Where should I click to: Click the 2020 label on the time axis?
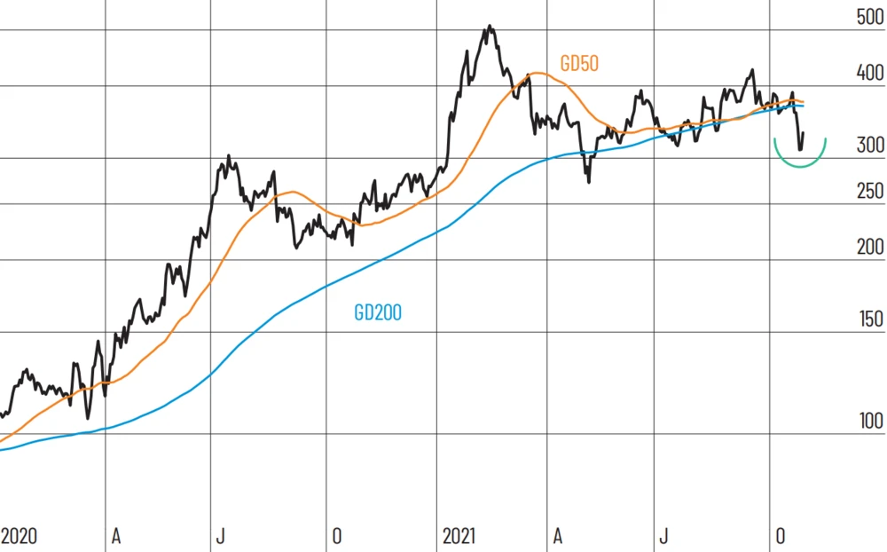tap(19, 537)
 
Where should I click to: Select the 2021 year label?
tap(459, 537)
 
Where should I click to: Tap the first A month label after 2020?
tap(115, 537)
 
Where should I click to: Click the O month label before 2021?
tap(336, 537)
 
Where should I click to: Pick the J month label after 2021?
tap(663, 537)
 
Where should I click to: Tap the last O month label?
tap(780, 537)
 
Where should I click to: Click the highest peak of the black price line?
tap(489, 28)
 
